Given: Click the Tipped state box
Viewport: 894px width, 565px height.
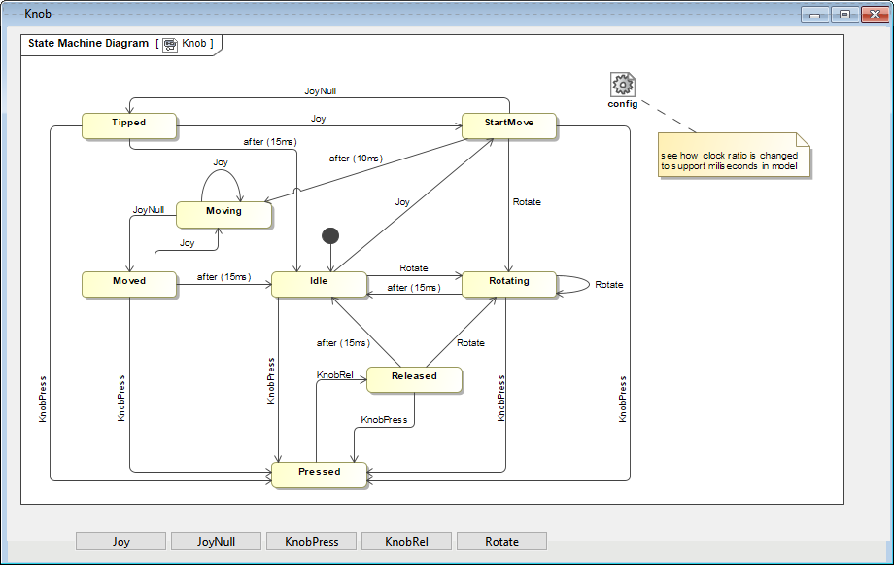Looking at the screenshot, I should coord(128,124).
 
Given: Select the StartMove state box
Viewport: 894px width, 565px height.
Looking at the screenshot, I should coord(509,124).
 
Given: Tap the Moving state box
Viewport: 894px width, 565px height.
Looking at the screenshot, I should coord(223,211).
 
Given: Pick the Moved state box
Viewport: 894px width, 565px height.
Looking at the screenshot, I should coord(129,282).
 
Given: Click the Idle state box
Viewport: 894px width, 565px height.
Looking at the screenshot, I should coord(319,282).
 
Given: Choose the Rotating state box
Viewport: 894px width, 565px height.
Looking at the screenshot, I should coord(509,282).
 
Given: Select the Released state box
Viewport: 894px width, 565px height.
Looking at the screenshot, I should coord(414,377).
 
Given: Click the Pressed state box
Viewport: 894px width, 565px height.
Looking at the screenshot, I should coord(320,473).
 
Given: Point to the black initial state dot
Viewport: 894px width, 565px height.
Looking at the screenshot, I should coord(330,235).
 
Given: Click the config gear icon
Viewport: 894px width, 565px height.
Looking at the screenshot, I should coord(623,85).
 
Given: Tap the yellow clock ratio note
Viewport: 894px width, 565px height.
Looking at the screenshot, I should coord(733,156).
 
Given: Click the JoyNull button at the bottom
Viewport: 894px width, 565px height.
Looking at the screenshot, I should coord(216,542).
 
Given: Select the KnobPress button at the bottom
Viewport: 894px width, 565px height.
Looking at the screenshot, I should coord(311,542).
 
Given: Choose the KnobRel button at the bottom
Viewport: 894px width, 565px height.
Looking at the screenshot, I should coord(406,542).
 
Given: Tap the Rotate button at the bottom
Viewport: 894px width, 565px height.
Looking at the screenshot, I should coord(501,542).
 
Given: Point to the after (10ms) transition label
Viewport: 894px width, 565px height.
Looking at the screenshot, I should coord(355,159).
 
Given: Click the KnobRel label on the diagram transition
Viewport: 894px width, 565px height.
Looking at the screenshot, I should coord(334,374).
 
